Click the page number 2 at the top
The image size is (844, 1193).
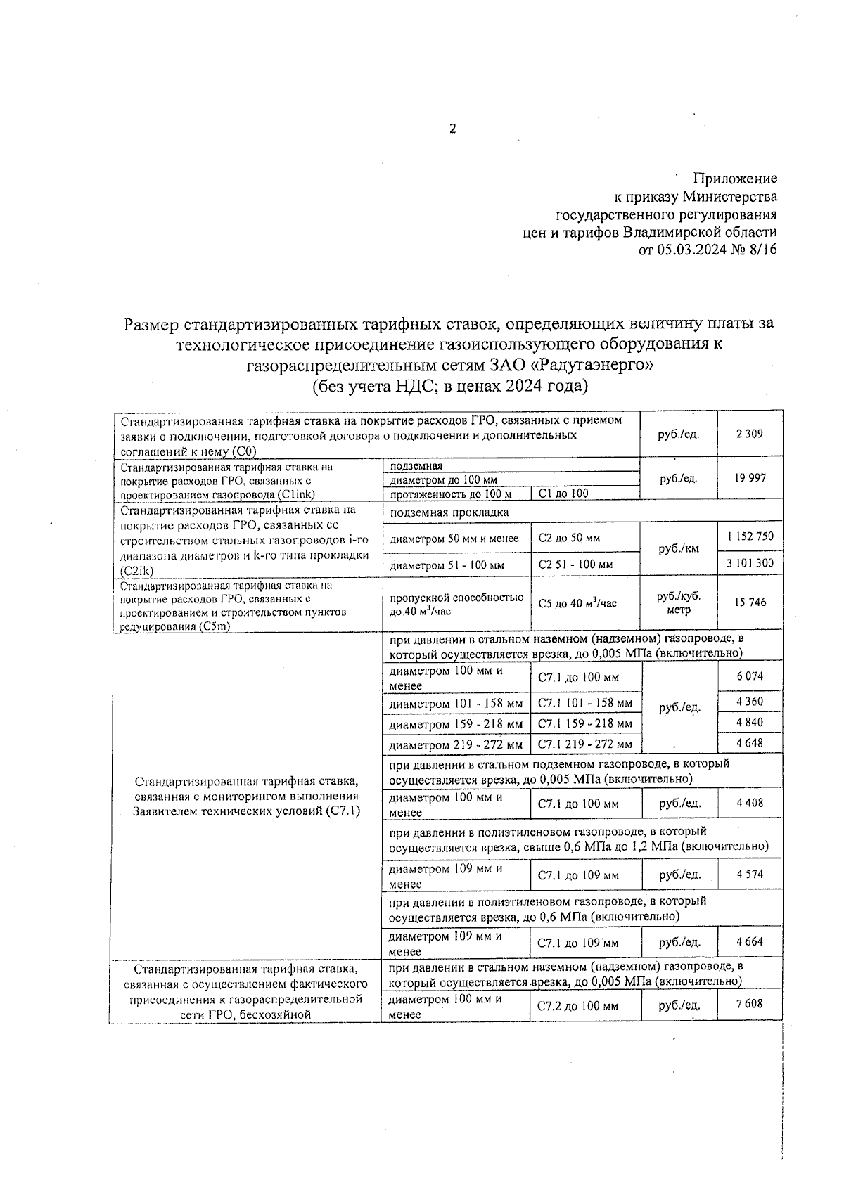[x=452, y=129]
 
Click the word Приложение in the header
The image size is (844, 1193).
[x=735, y=179]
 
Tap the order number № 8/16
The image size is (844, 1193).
[x=755, y=251]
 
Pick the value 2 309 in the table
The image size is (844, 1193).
[x=749, y=434]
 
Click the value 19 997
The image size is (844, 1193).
[x=749, y=478]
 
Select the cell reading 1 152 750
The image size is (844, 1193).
[x=750, y=536]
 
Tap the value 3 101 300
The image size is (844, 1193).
[x=750, y=563]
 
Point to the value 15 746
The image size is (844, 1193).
[x=750, y=602]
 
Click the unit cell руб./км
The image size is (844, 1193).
[x=678, y=549]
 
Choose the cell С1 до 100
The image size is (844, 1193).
[x=563, y=494]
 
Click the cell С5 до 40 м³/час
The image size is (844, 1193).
[x=577, y=603]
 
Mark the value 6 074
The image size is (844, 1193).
[x=749, y=677]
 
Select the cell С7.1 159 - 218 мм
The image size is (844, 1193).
[x=584, y=723]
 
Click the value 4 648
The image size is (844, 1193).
[x=749, y=743]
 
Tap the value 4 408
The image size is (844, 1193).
[x=749, y=803]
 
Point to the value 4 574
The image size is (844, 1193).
[x=749, y=875]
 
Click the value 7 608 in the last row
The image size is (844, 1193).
[x=749, y=1004]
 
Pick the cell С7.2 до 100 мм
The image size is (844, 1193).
[x=577, y=1007]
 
